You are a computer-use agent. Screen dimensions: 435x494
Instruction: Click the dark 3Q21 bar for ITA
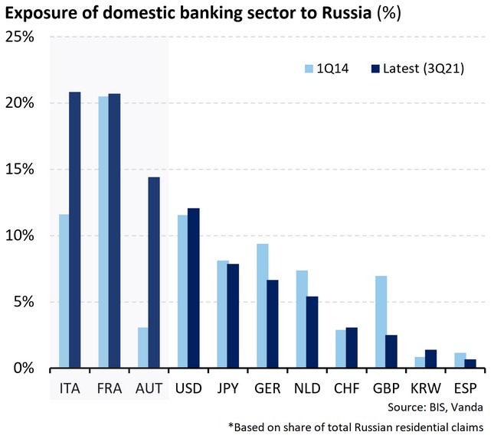click(75, 230)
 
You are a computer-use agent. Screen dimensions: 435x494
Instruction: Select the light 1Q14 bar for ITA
click(64, 291)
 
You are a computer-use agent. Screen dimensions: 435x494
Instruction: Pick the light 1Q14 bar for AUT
click(142, 347)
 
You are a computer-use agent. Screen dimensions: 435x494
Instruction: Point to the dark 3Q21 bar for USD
click(193, 287)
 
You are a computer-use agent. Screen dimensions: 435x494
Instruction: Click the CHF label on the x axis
click(344, 388)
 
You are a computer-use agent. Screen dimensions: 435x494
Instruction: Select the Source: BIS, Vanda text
click(439, 407)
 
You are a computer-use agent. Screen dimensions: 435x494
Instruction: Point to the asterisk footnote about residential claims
click(355, 425)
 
